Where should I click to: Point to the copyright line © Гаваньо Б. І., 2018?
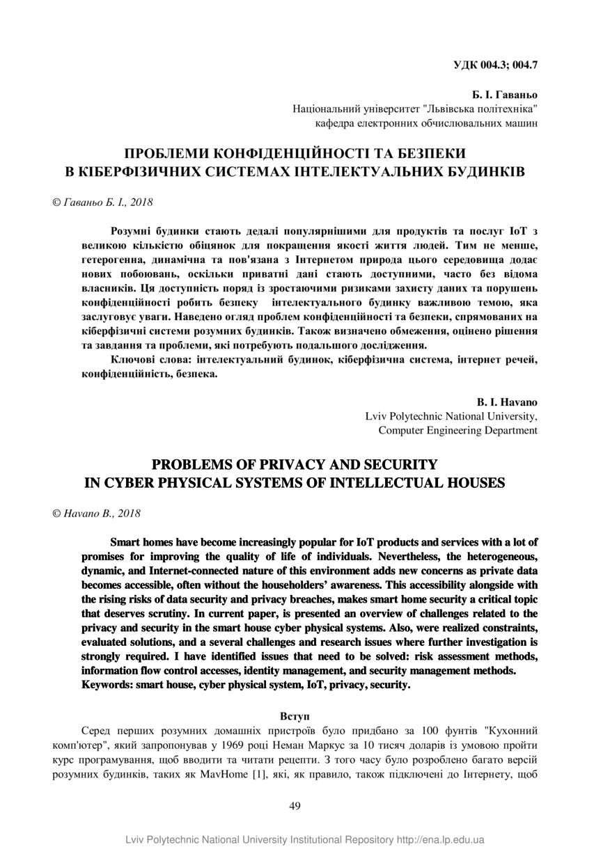pos(102,202)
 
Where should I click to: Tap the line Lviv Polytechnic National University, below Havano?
pos(451,416)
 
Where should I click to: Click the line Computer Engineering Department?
pos(458,430)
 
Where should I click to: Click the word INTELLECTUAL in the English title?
pos(389,482)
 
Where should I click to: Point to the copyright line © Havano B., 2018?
pos(97,514)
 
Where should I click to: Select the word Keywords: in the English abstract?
pos(110,685)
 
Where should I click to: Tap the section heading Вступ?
pos(295,715)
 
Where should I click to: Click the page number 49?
pos(295,806)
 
